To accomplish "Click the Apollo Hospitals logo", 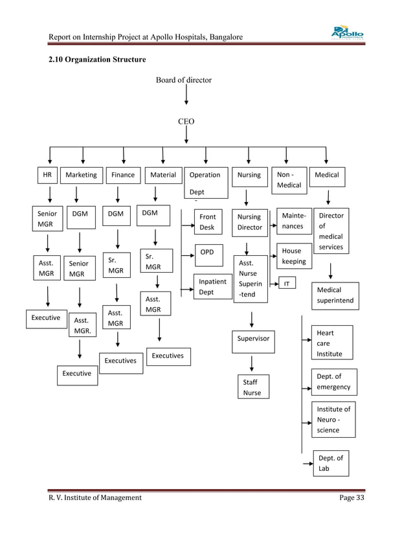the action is (x=347, y=32).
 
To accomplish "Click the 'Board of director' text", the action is (x=184, y=80).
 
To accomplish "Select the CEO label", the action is (x=186, y=122).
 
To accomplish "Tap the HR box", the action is (x=47, y=175).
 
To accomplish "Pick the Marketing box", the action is (x=82, y=176).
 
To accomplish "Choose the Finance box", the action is (x=123, y=176).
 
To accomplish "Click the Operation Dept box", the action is (x=206, y=183).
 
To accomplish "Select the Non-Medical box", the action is (x=289, y=180).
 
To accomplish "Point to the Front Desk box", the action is (x=208, y=222).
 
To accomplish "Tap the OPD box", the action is (x=209, y=255).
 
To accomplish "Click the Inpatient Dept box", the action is (x=213, y=286).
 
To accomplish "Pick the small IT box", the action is (x=287, y=283).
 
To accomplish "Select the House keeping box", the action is (x=294, y=256).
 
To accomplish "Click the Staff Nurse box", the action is (x=253, y=387).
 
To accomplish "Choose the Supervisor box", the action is (x=253, y=341).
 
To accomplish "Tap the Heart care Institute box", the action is (x=332, y=343).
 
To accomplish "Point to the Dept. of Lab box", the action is (x=331, y=463).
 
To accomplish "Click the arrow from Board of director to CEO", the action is (x=186, y=95).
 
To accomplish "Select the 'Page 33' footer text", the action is (x=352, y=497).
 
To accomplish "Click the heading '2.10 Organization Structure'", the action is (x=97, y=60).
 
